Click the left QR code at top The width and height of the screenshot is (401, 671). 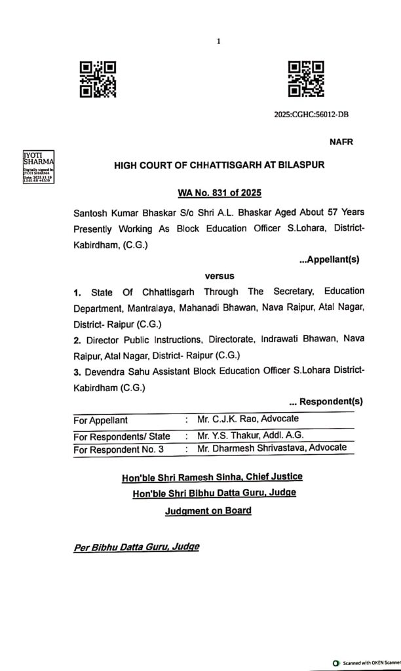coord(98,79)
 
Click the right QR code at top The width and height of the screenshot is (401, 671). coord(306,79)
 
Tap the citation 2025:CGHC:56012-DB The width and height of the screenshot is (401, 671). coord(311,115)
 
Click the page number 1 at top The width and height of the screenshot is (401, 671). coord(218,41)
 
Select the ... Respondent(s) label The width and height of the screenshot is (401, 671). coord(326,401)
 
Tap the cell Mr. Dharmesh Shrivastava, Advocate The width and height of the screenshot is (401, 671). coord(271,449)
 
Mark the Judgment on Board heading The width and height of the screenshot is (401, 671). coord(208,510)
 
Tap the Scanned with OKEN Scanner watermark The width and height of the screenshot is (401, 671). coord(366,663)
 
